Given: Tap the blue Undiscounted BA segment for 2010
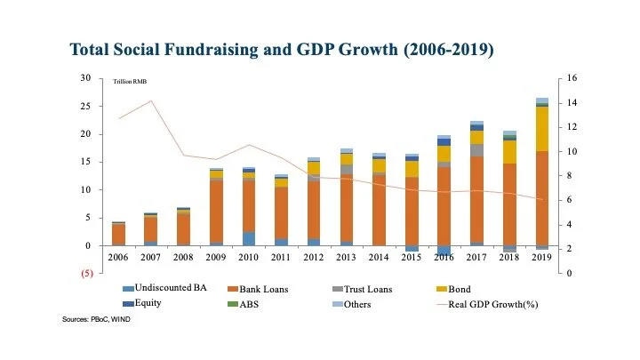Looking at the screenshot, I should click(249, 238).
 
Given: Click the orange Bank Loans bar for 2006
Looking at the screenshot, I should click(118, 235).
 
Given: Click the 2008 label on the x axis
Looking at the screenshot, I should click(183, 256).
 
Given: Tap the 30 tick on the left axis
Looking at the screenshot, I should click(86, 78).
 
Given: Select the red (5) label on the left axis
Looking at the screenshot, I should click(85, 273).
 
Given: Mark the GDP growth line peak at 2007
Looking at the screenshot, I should click(151, 100).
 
